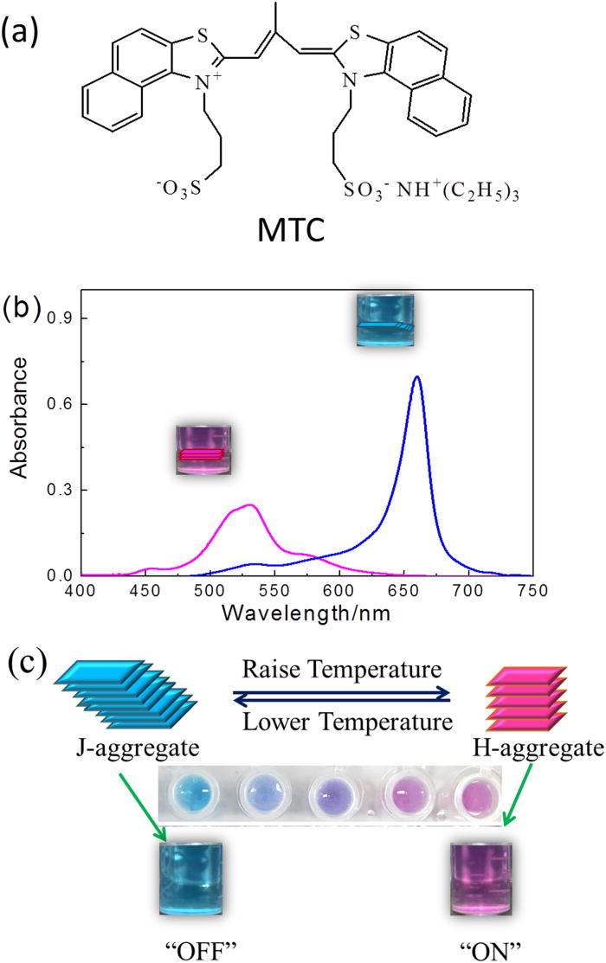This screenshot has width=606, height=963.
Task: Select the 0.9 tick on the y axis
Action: pyautogui.click(x=61, y=318)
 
